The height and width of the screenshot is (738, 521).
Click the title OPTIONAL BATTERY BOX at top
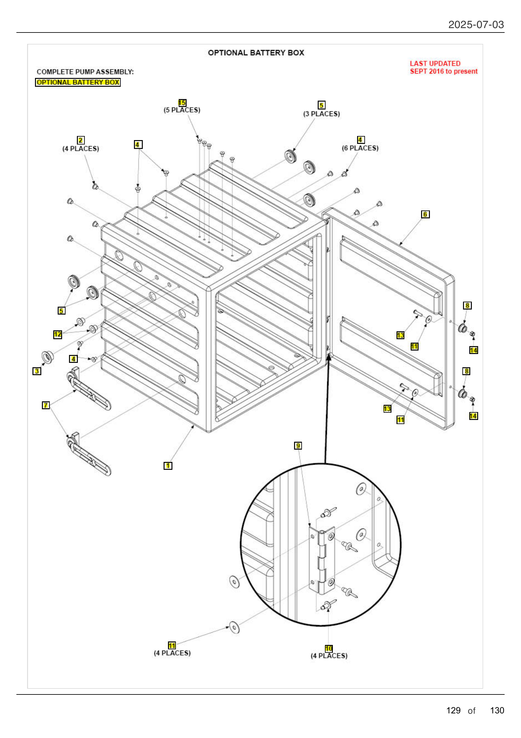(256, 53)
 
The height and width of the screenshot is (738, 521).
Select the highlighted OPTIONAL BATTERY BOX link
(78, 82)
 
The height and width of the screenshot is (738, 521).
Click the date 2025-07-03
(476, 25)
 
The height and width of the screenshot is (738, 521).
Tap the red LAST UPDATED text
(435, 64)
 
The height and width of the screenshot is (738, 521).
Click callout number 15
(182, 103)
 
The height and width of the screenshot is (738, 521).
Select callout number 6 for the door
(425, 214)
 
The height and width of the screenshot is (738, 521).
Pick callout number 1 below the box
(168, 466)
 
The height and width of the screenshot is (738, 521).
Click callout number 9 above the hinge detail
(298, 446)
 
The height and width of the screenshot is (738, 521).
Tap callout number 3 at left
(37, 371)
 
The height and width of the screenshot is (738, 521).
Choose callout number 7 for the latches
(46, 405)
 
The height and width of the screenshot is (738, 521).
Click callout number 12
(57, 334)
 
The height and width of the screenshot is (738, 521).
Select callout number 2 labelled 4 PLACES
(81, 140)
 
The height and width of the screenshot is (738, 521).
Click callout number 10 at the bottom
(329, 649)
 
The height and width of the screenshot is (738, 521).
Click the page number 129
(453, 710)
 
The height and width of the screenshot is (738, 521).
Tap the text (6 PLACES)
(360, 148)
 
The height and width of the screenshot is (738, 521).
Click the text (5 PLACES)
(182, 110)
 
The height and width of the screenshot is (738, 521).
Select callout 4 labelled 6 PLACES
(360, 139)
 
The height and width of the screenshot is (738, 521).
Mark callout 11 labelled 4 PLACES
(172, 646)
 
